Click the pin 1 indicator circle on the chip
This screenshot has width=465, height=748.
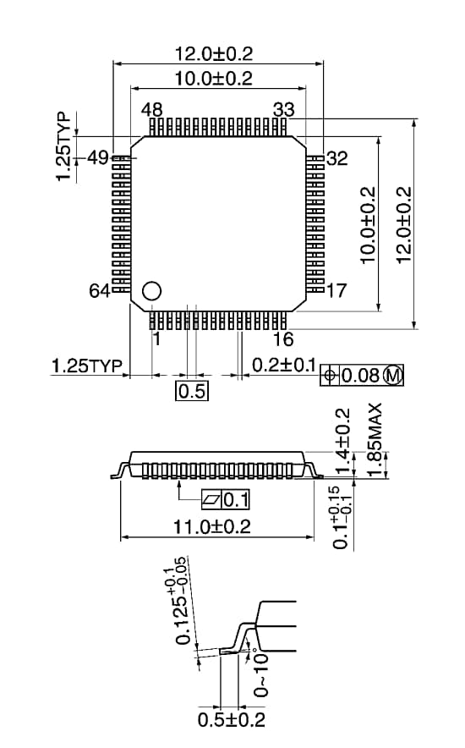[151, 290]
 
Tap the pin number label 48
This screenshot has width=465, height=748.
[152, 109]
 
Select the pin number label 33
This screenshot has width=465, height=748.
[283, 109]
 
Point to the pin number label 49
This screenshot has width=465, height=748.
[98, 157]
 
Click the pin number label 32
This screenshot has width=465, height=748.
[336, 158]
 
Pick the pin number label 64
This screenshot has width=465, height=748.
[100, 291]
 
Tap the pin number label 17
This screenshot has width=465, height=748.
[336, 291]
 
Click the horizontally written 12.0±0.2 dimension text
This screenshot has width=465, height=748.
[214, 53]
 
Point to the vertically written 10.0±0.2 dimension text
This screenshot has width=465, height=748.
[368, 225]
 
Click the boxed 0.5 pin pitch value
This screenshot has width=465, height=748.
[191, 391]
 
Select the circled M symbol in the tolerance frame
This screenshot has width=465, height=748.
[393, 375]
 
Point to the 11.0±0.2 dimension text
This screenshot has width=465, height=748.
[212, 526]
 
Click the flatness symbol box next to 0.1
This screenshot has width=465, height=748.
[211, 498]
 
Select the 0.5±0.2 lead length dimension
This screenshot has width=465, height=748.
[231, 719]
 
